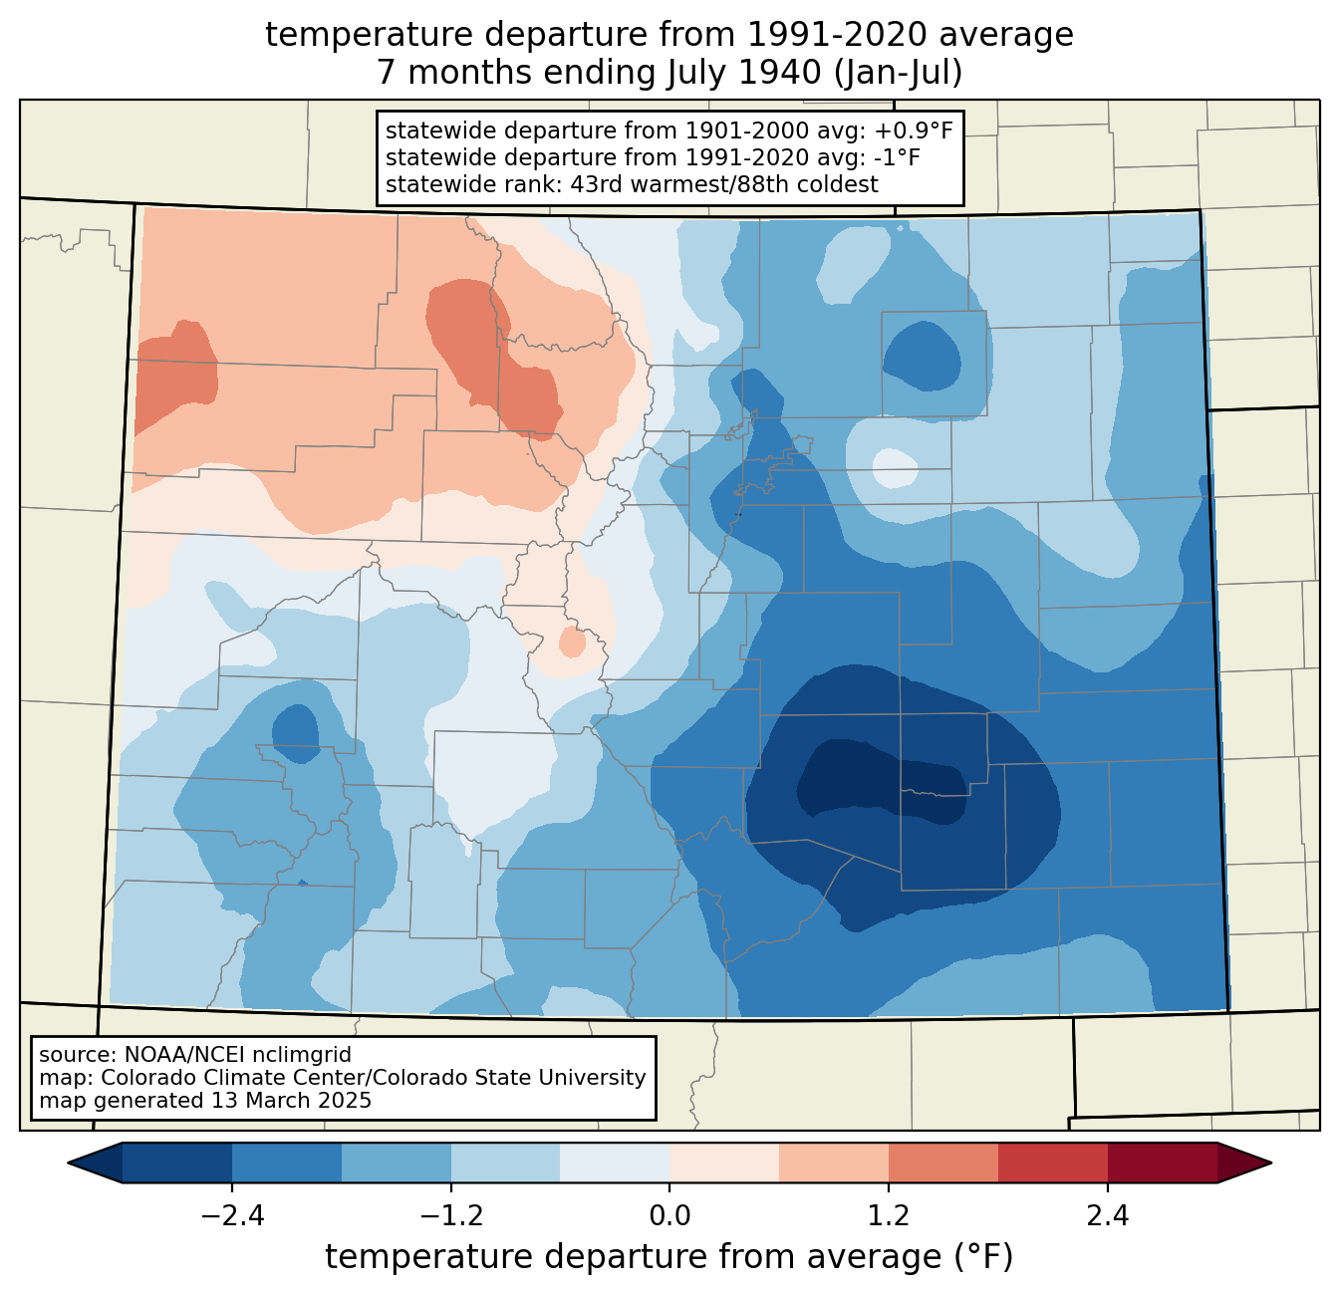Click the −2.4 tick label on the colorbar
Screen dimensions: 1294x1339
[232, 1216]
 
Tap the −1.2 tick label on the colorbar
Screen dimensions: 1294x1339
[450, 1216]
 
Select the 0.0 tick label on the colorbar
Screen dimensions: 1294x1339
[669, 1216]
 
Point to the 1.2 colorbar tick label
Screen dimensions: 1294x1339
[888, 1216]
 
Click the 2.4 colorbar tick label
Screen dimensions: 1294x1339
[1107, 1216]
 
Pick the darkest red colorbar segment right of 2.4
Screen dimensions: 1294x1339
[1162, 1163]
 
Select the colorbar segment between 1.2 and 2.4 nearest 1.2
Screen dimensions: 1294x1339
[942, 1163]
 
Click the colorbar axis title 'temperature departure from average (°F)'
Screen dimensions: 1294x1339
[669, 1257]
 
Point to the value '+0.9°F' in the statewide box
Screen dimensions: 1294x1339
[914, 130]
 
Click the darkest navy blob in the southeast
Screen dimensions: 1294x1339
[877, 782]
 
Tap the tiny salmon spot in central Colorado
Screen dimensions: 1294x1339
[572, 642]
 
